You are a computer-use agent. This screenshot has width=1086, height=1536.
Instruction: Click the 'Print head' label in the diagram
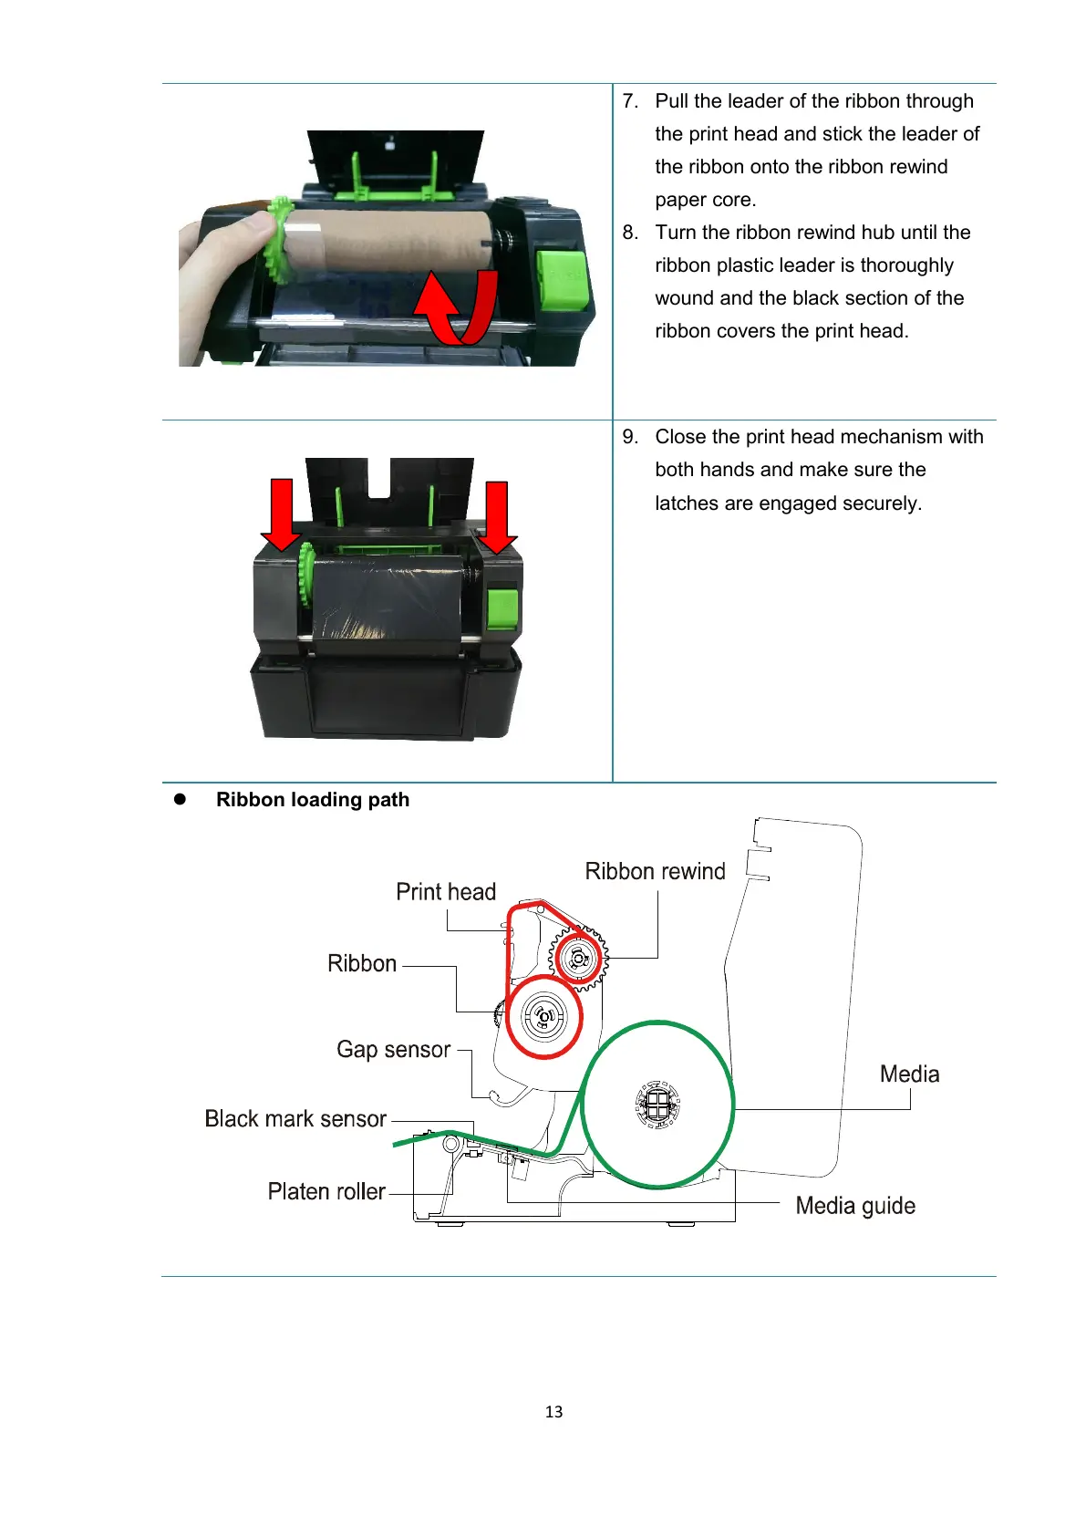click(x=445, y=892)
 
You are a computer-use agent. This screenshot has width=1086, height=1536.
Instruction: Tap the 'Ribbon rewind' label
click(x=655, y=872)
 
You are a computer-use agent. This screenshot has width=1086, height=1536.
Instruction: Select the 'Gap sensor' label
click(x=393, y=1050)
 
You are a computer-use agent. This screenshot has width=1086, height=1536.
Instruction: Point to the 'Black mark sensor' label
click(x=295, y=1119)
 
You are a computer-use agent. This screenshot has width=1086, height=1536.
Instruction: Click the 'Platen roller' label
click(x=326, y=1192)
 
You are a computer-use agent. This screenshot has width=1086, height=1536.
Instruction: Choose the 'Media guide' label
click(x=855, y=1206)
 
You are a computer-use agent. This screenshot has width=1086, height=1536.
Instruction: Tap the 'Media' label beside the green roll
click(x=909, y=1074)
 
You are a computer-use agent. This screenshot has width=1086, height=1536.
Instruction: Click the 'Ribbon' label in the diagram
click(x=362, y=964)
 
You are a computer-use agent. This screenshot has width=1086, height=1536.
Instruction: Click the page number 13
click(x=553, y=1412)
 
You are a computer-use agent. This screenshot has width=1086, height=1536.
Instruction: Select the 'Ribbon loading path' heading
click(x=313, y=800)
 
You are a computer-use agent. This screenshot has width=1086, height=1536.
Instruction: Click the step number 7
click(x=629, y=101)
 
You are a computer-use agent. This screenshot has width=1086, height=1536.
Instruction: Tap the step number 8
click(x=629, y=233)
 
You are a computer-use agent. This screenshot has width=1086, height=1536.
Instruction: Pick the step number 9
click(x=629, y=437)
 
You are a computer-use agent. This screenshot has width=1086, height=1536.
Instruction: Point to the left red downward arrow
click(x=282, y=515)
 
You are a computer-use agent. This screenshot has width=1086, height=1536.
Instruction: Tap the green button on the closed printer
click(x=502, y=609)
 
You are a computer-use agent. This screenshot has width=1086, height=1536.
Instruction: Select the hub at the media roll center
click(x=657, y=1105)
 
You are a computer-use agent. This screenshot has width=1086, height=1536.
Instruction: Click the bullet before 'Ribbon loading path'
click(x=180, y=799)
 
